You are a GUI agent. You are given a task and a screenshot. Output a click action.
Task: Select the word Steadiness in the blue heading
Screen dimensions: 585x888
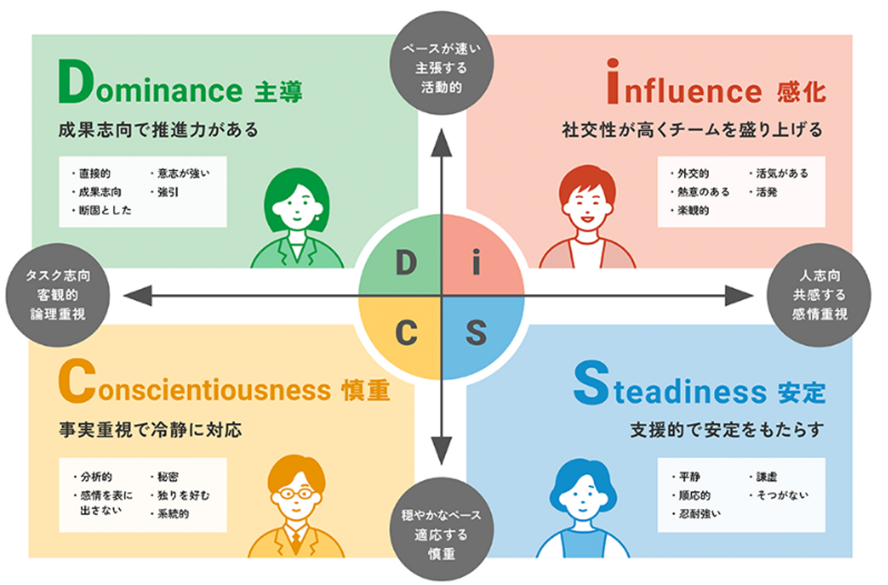click(x=670, y=386)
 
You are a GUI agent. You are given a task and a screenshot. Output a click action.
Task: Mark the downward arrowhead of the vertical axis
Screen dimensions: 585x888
click(x=442, y=450)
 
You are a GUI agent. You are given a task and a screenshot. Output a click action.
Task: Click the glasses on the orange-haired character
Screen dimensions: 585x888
click(x=297, y=493)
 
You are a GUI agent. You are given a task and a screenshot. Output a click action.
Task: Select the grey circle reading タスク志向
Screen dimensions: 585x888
click(x=58, y=295)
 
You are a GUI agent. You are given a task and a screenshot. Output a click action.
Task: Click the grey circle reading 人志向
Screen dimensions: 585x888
click(x=819, y=295)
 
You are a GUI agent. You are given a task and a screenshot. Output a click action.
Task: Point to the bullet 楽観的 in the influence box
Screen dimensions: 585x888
click(x=693, y=211)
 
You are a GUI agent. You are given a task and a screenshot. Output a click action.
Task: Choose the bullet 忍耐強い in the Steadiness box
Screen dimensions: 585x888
click(x=699, y=513)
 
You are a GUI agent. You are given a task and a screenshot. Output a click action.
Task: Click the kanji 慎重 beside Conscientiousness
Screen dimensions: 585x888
click(x=366, y=390)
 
